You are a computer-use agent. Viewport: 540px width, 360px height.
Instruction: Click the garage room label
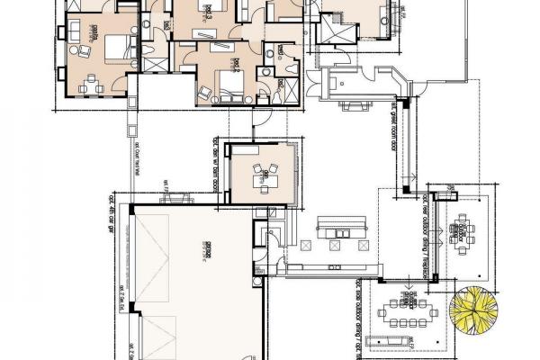(206, 256)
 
